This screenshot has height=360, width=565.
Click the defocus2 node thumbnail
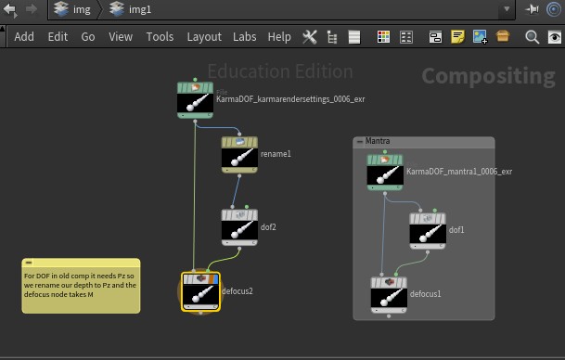tap(200, 291)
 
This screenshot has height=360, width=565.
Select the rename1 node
tap(239, 155)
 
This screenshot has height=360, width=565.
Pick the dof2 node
tap(239, 227)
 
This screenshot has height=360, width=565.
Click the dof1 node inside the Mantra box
tap(428, 231)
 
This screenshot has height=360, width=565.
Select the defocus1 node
tap(389, 295)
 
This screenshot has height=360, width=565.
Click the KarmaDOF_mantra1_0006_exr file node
tap(385, 173)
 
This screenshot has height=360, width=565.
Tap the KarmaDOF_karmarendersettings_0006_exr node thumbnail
tap(196, 100)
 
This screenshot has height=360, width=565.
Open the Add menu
tap(24, 37)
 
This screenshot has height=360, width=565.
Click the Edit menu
tap(58, 37)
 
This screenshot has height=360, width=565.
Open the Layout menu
tap(204, 37)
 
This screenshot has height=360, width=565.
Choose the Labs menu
tap(244, 37)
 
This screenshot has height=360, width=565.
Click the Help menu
tap(279, 37)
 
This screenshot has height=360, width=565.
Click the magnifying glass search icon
tap(532, 37)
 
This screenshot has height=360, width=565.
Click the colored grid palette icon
tap(383, 37)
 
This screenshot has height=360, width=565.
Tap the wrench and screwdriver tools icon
tap(310, 37)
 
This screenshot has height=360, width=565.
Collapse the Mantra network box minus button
tap(360, 142)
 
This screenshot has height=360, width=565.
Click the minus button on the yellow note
tap(29, 263)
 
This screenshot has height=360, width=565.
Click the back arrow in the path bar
tap(9, 9)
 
